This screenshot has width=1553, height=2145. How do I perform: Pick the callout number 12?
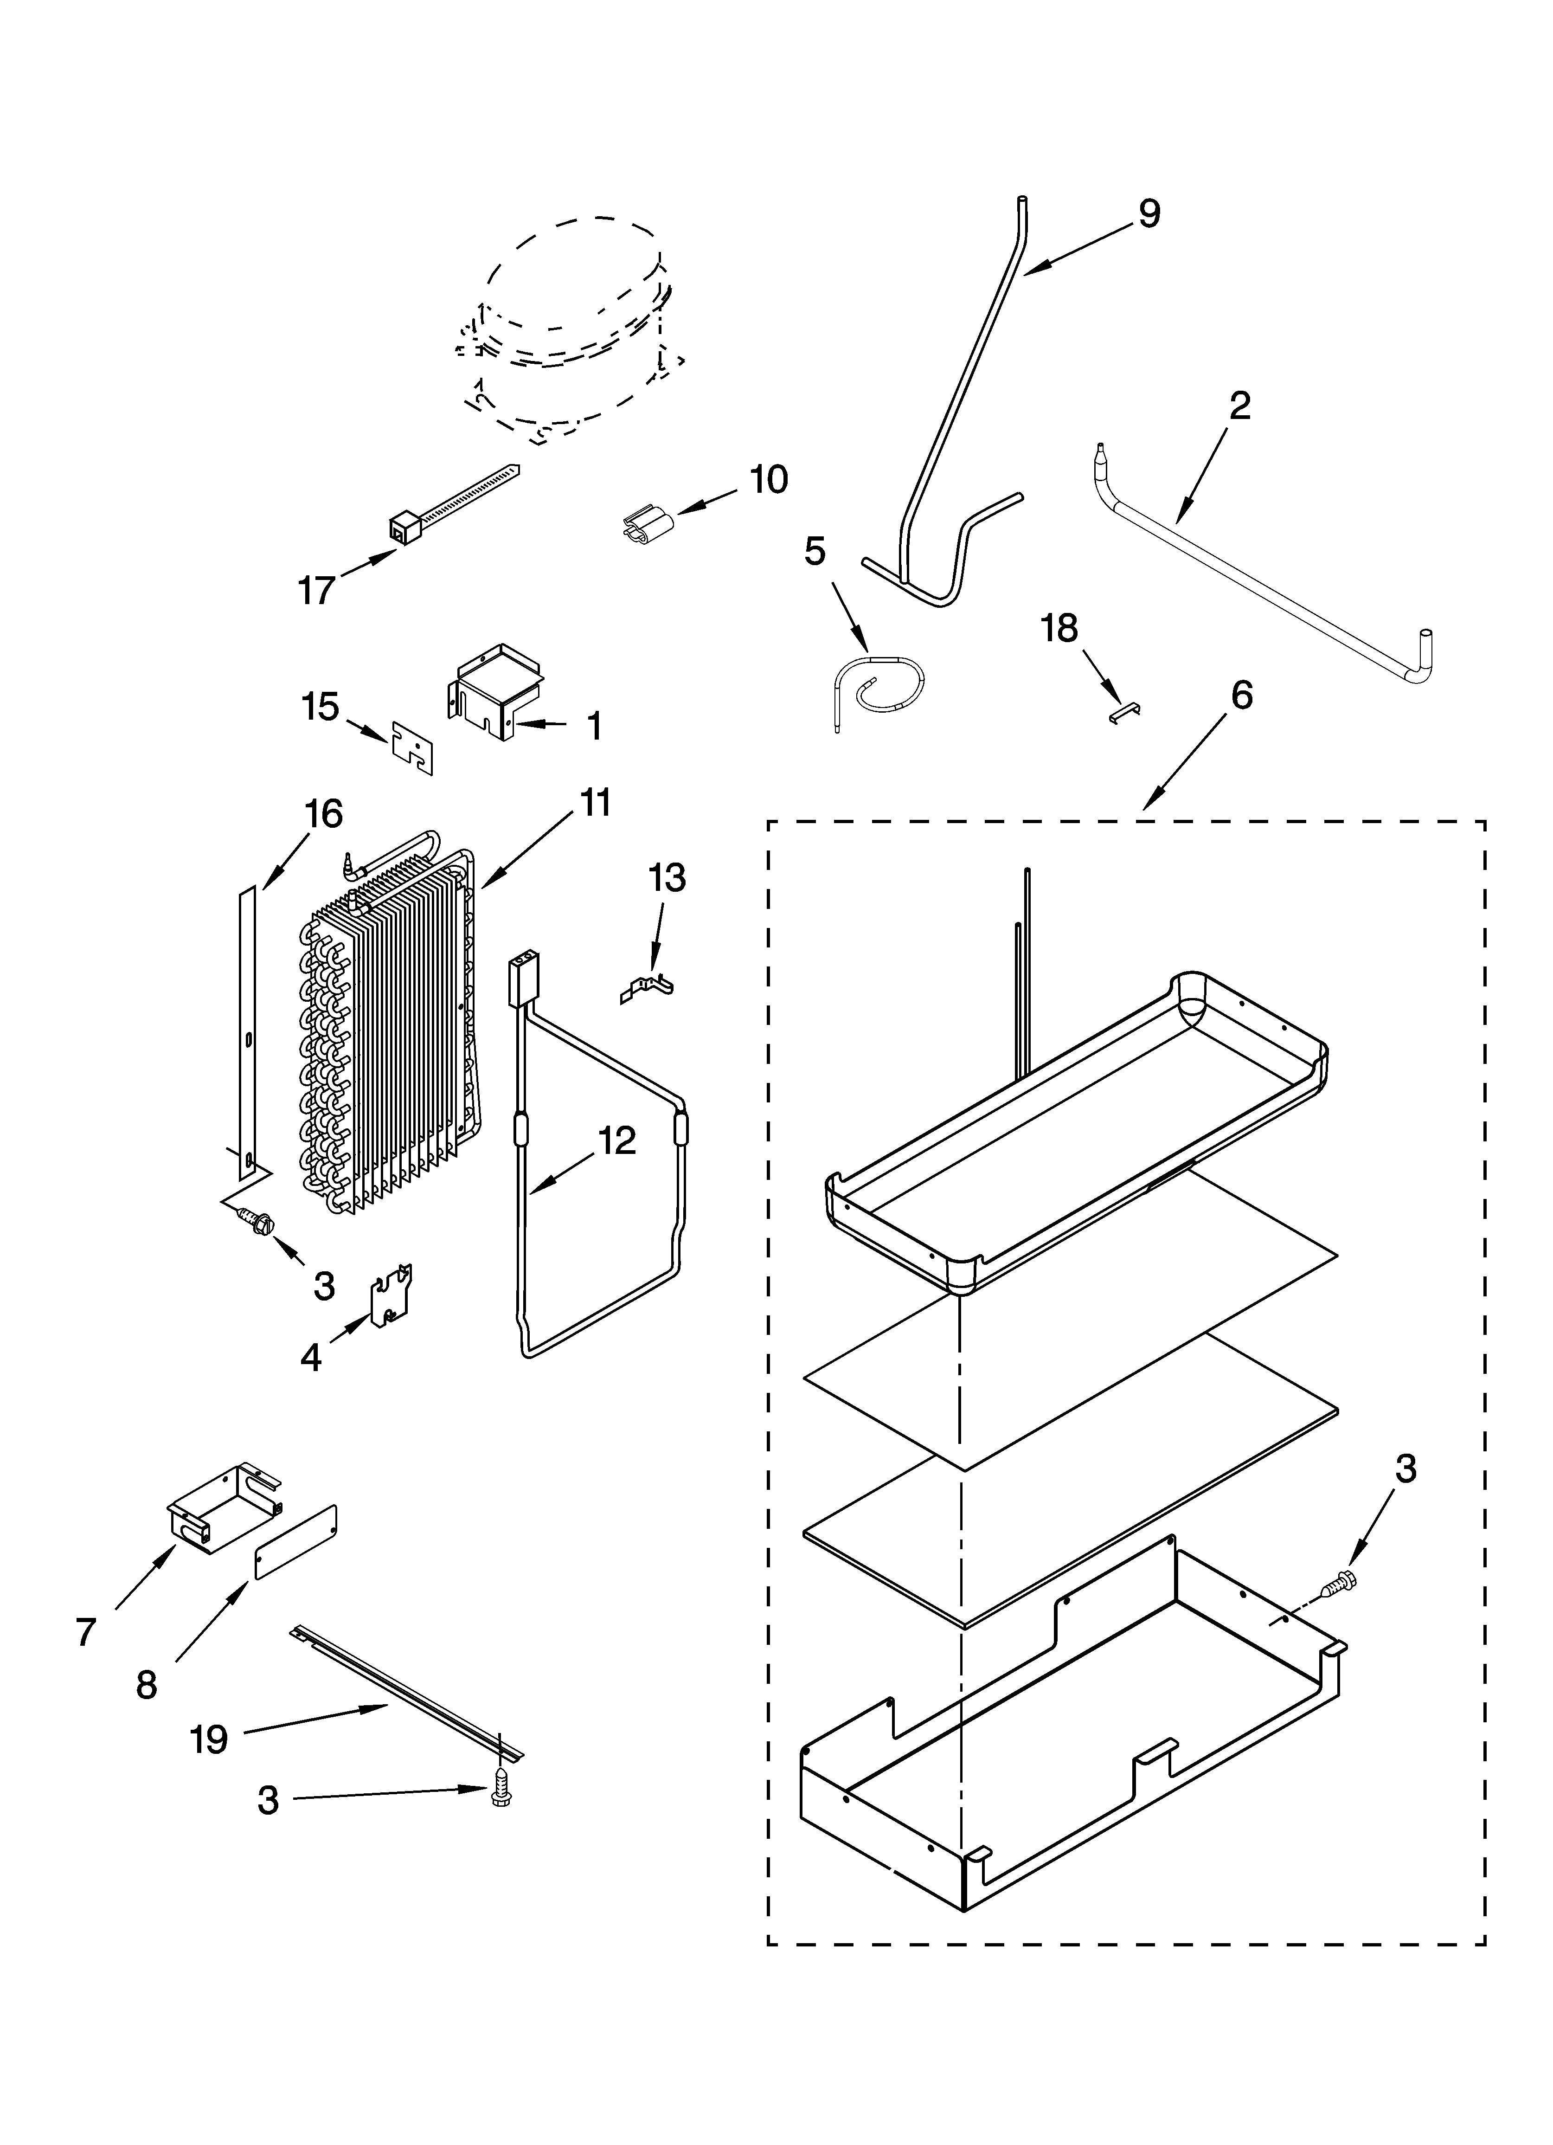tap(616, 1141)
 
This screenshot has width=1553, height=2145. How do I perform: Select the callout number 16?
tap(322, 813)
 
